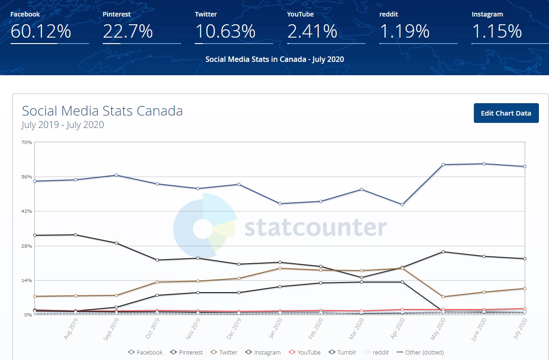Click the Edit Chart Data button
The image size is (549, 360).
coord(506,113)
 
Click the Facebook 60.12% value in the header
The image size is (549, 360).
coord(41,32)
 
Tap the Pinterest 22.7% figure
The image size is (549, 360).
coord(127,32)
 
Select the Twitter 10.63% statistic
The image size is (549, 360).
coord(225,32)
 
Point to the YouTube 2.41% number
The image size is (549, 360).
coord(313,32)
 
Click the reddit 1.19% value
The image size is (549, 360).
coord(405,32)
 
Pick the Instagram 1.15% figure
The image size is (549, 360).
coord(497,32)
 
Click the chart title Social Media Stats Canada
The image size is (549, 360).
coord(102,111)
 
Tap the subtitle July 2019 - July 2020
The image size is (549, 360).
coord(62,125)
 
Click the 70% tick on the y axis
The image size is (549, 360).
coord(27,143)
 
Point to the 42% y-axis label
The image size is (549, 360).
coord(27,211)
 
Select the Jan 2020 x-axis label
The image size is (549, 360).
coord(274,329)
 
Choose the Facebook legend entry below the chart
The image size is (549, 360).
coord(145,352)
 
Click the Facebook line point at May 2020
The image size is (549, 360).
coord(443,165)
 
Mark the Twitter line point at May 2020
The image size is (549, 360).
coord(443,297)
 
